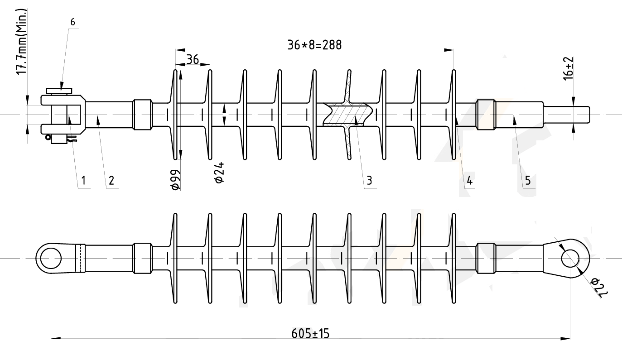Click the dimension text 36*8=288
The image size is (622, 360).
[314, 44]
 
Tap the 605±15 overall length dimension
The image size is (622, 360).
[310, 334]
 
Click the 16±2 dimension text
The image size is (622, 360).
[569, 69]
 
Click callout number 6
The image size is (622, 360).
[73, 21]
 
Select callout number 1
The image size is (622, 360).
[83, 181]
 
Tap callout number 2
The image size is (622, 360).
[111, 181]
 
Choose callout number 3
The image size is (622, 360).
[369, 181]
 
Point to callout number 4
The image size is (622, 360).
[469, 181]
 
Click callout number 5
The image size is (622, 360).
[528, 181]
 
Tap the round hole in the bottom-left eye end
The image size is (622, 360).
[51, 259]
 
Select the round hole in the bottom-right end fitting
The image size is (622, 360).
[570, 259]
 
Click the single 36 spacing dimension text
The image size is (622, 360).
[193, 59]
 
